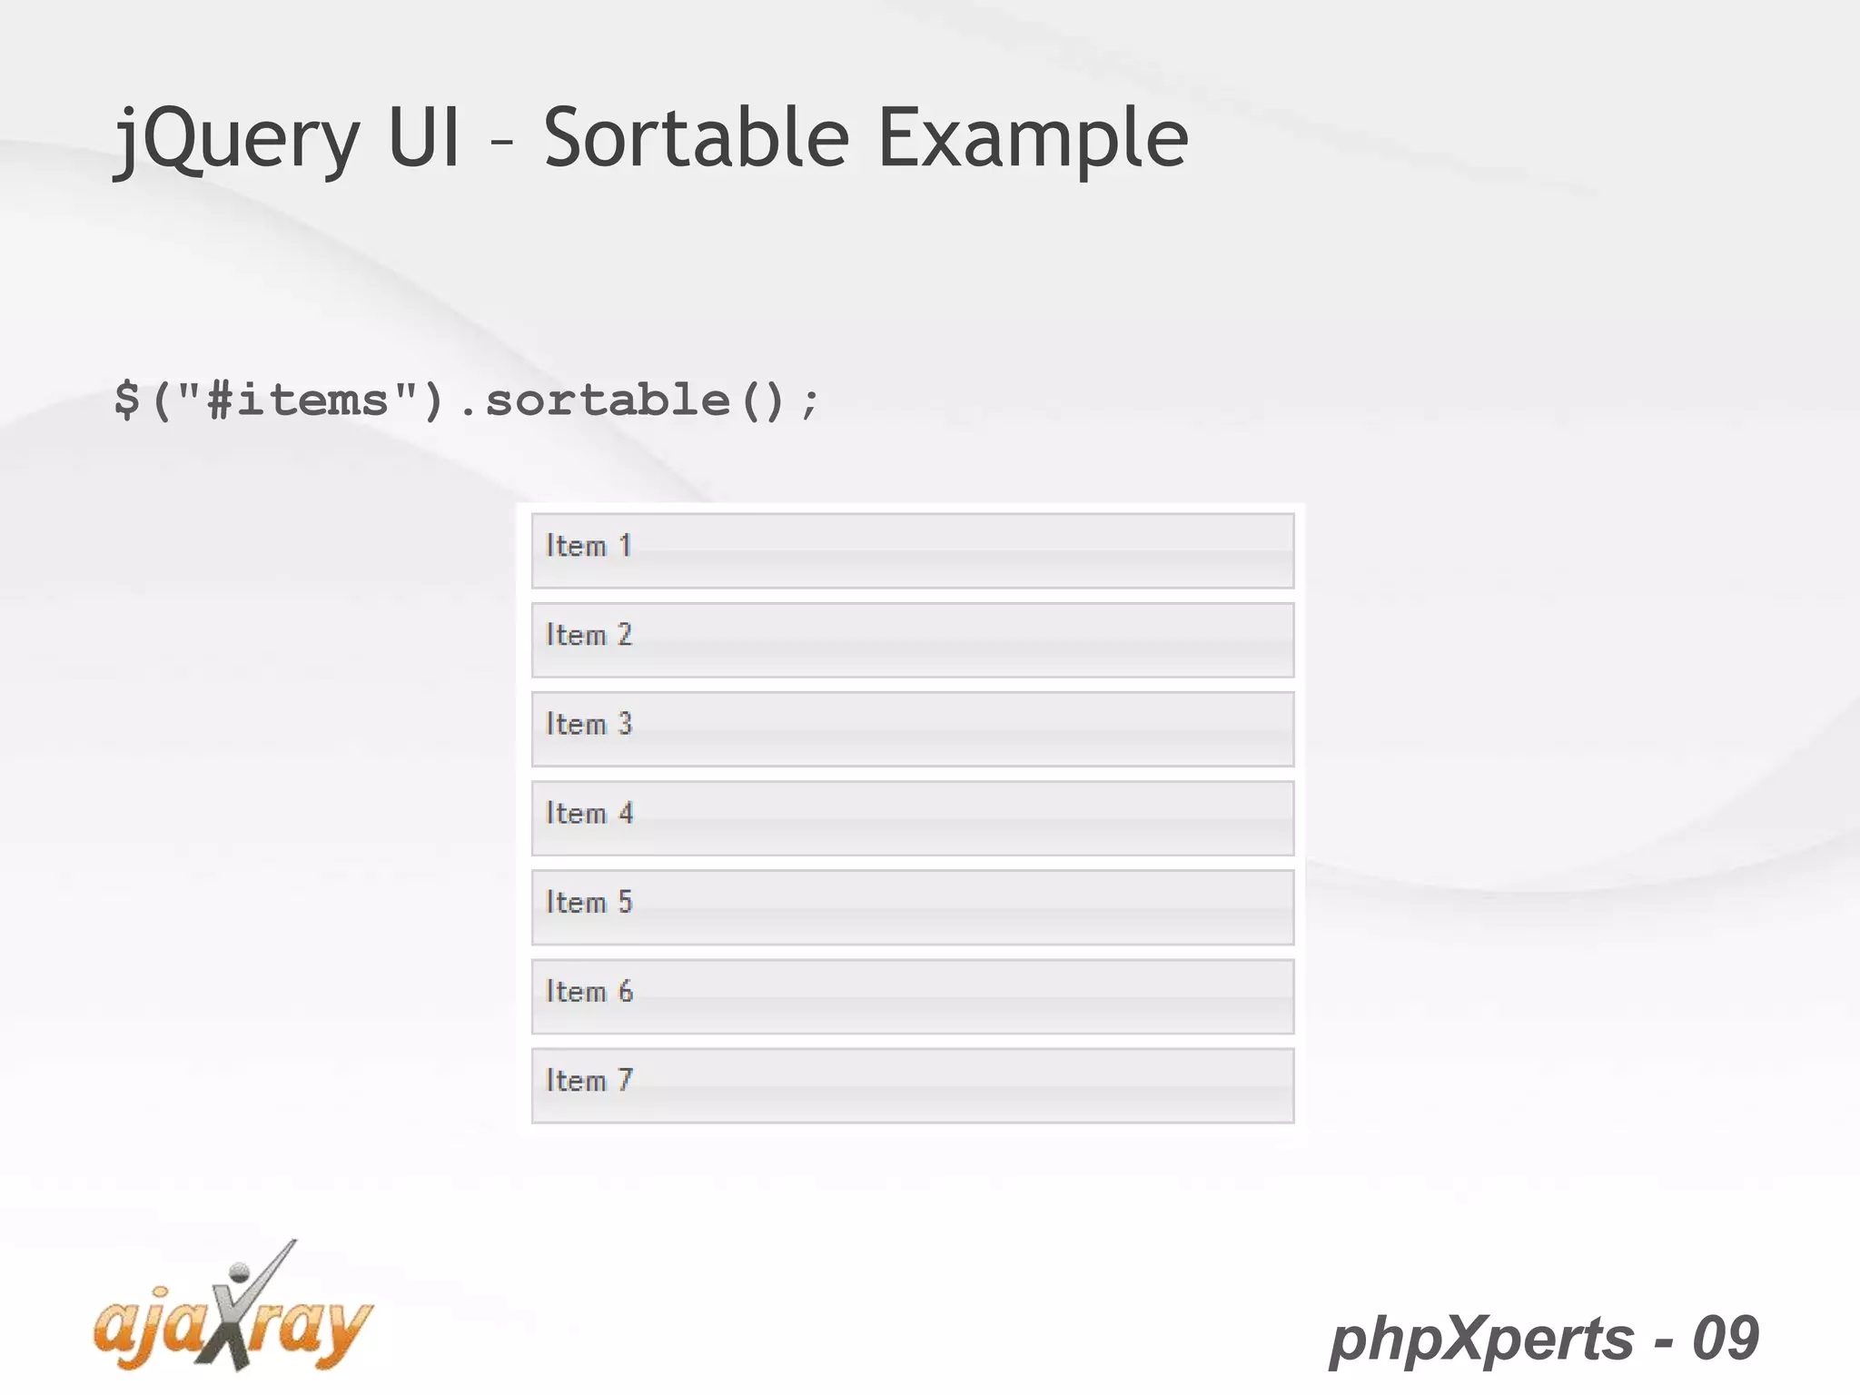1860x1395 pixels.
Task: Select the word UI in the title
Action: click(x=424, y=138)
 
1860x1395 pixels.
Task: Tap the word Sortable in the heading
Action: click(x=696, y=138)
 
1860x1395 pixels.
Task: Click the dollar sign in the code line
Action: click(x=127, y=401)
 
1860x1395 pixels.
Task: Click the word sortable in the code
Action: click(x=608, y=401)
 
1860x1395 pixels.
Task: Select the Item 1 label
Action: click(x=589, y=546)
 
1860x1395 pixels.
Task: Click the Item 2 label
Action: click(x=589, y=635)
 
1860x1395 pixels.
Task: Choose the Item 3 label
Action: click(x=589, y=724)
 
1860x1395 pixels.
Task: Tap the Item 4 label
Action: click(x=589, y=813)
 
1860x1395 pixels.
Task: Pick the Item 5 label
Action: click(x=589, y=902)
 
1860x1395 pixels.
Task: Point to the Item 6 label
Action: click(x=589, y=991)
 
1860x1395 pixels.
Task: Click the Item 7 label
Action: click(x=589, y=1080)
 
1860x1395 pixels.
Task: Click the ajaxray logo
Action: click(x=232, y=1322)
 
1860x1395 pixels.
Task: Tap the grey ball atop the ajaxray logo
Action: click(x=240, y=1271)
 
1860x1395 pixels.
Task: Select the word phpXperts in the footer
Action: click(x=1481, y=1339)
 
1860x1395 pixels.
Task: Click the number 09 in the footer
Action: click(x=1726, y=1338)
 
